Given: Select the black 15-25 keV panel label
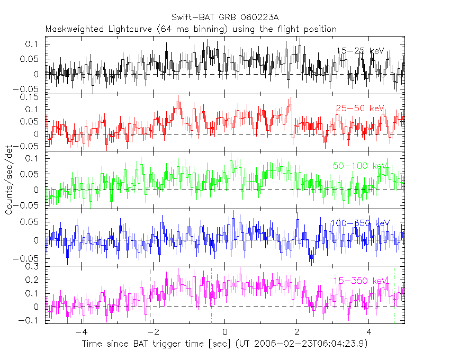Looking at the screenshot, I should (360, 51).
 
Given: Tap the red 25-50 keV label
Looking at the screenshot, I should (360, 109).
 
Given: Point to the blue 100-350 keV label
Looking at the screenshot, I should (360, 223).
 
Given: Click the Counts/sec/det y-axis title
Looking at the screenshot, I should (9, 181).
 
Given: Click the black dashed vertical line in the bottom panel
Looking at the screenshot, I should (150, 296).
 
